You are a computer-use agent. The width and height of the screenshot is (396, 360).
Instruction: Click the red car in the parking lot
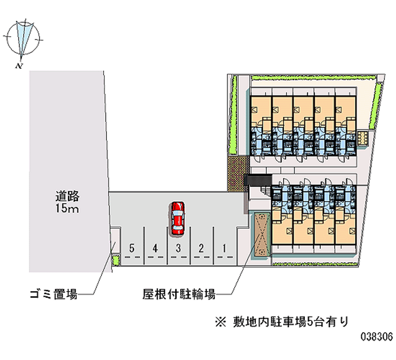(x=177, y=218)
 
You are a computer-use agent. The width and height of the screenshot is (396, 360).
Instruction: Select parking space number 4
(x=155, y=248)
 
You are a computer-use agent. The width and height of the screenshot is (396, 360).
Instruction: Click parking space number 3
(x=178, y=248)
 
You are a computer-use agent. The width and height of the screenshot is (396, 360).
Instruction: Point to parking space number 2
(x=201, y=248)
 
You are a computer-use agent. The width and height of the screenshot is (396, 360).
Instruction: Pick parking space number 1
(x=224, y=248)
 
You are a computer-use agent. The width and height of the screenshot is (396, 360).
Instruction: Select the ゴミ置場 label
(x=52, y=295)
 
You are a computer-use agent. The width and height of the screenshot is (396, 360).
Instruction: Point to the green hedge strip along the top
(x=312, y=78)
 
